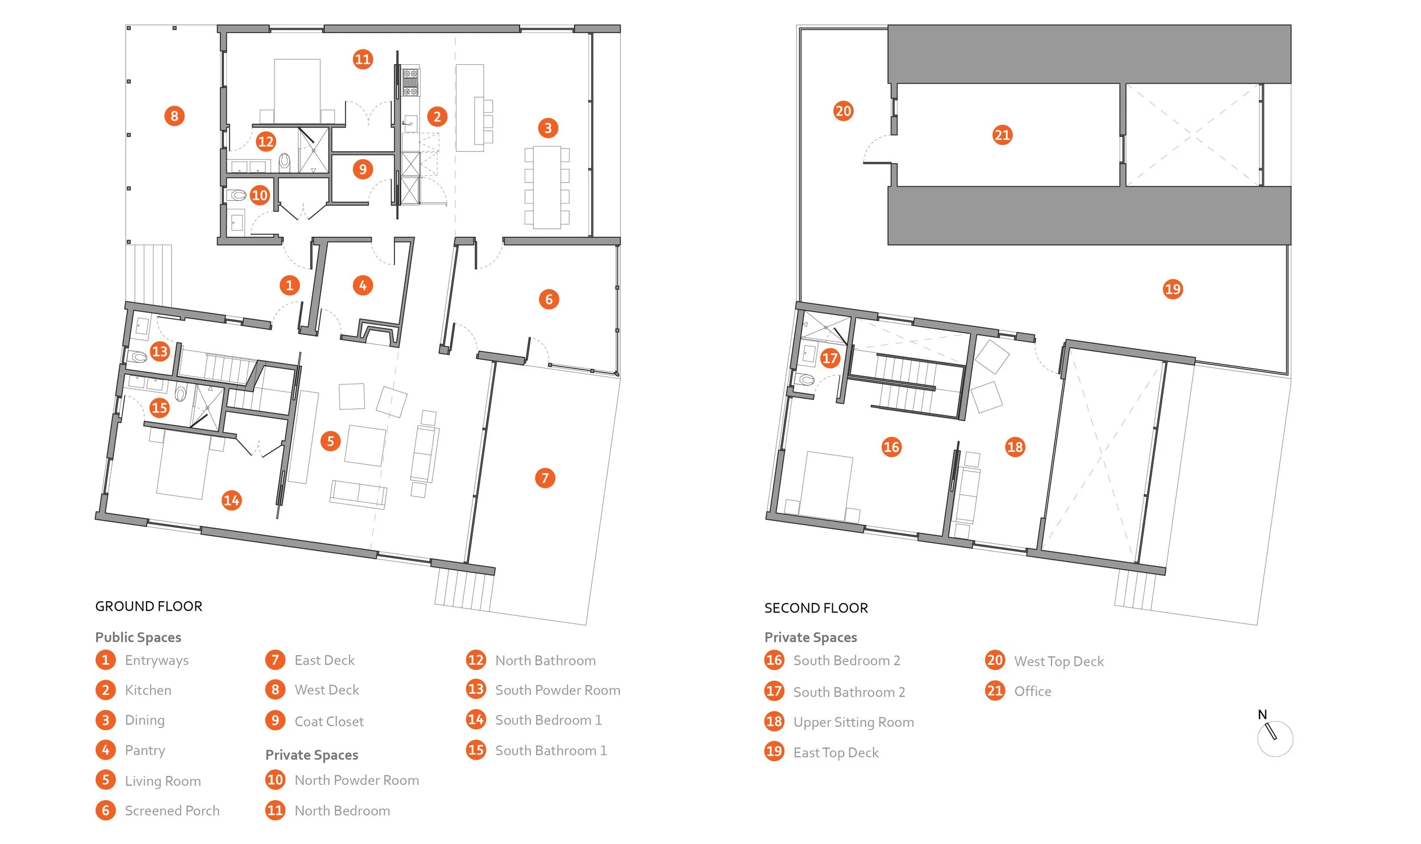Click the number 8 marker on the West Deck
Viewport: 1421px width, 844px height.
(x=174, y=116)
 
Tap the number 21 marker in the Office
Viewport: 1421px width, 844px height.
(x=1002, y=135)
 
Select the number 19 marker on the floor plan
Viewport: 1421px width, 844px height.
(x=1173, y=289)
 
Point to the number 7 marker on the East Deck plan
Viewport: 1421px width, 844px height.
(x=545, y=478)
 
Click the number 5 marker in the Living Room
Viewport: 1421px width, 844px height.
(x=330, y=441)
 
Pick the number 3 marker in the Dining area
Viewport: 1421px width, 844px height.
(x=548, y=128)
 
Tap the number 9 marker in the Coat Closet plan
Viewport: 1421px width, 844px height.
(x=363, y=169)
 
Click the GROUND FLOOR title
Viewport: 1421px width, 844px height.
(x=148, y=606)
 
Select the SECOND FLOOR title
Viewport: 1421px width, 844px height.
(x=816, y=608)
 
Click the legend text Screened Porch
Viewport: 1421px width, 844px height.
(x=172, y=810)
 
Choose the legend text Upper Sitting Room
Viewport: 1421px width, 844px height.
(x=853, y=722)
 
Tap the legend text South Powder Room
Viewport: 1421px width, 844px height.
(x=557, y=690)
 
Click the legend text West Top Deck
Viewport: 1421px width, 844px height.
(x=1058, y=661)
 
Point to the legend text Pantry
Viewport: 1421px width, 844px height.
(x=145, y=750)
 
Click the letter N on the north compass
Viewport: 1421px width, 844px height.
(x=1262, y=714)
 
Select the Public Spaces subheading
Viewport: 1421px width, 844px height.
(x=138, y=637)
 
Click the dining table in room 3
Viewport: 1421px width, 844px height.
(x=547, y=187)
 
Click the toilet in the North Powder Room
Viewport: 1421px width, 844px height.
(x=238, y=196)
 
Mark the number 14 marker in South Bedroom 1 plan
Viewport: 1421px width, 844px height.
(x=231, y=500)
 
